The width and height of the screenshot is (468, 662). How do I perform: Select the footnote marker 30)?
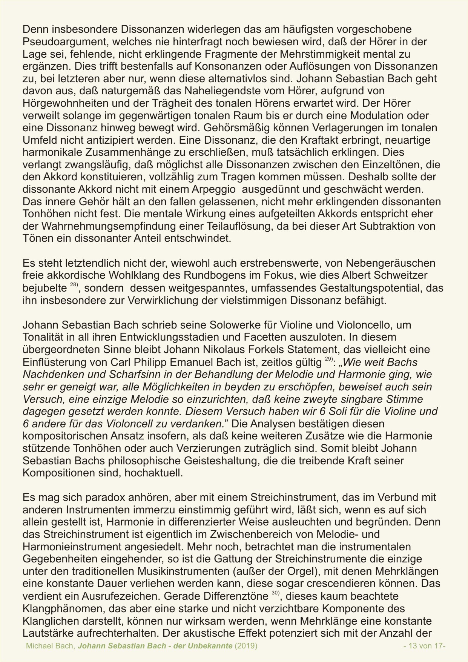point(275,593)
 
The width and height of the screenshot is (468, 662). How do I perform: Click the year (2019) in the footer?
point(246,646)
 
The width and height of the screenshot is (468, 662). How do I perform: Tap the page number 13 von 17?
point(425,646)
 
